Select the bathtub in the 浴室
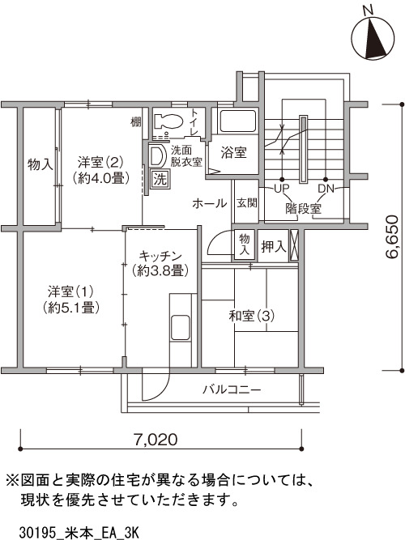[x=238, y=121]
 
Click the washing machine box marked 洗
[x=160, y=179]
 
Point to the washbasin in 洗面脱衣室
[x=157, y=156]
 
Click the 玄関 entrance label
[x=247, y=202]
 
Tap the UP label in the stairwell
[x=281, y=189]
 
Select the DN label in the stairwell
[x=326, y=189]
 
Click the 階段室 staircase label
[x=303, y=209]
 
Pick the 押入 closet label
[x=274, y=246]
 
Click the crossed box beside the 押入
[x=294, y=245]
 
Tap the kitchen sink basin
[x=181, y=328]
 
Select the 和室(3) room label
[x=252, y=316]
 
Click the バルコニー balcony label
[x=232, y=389]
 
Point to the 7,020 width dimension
[x=160, y=440]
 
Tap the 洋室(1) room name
[x=70, y=292]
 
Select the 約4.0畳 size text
[x=100, y=178]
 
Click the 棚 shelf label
[x=136, y=121]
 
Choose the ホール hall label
[x=210, y=203]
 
